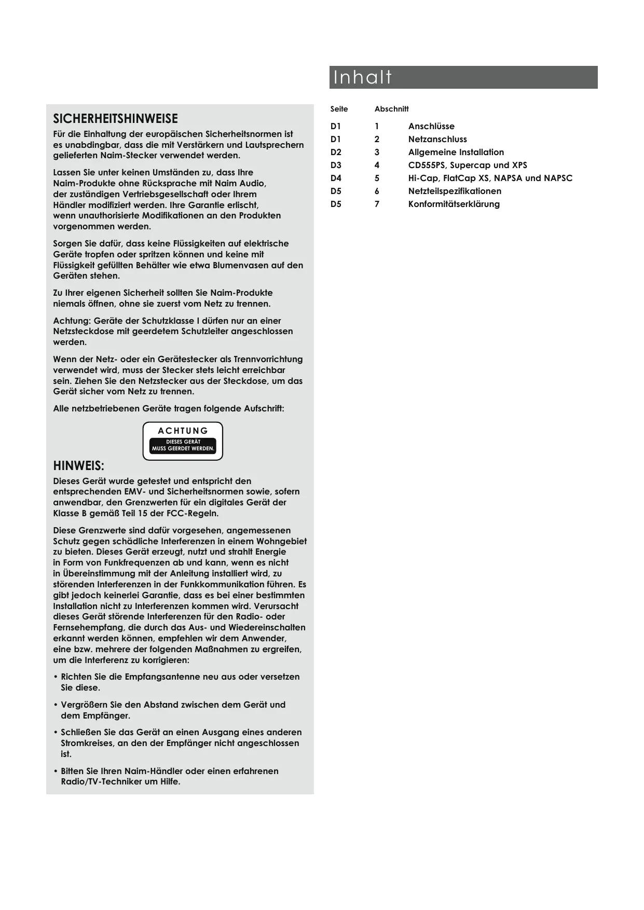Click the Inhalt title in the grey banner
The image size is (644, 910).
[x=362, y=77]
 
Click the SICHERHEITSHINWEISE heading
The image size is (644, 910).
[x=115, y=118]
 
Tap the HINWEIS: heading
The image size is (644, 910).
[x=78, y=465]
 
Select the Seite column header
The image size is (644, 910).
[x=339, y=109]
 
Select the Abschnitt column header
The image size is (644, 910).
[x=391, y=109]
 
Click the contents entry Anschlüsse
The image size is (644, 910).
[x=431, y=126]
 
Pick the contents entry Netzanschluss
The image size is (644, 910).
[x=437, y=139]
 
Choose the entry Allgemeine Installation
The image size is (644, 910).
[x=456, y=152]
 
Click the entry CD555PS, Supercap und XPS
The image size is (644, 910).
[x=467, y=165]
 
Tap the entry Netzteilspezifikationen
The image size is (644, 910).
[x=454, y=191]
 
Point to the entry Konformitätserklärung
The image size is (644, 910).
[x=454, y=204]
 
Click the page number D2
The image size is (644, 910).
[x=336, y=152]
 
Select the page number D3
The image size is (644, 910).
[x=336, y=165]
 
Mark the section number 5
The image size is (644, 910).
[x=377, y=178]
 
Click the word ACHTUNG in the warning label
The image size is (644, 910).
[x=183, y=431]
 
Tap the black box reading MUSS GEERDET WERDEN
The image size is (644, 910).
[x=183, y=446]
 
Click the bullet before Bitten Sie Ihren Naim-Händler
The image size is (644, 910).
[x=56, y=771]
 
